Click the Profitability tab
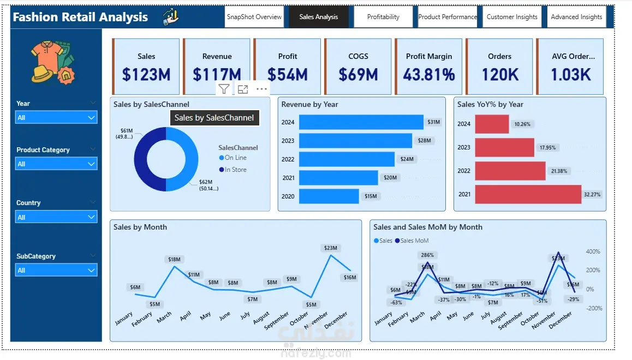(383, 17)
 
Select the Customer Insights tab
(512, 17)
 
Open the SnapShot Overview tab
(254, 17)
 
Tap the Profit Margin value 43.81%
(429, 74)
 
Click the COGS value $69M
(358, 74)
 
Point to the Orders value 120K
(500, 74)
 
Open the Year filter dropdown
(56, 117)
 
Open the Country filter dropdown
(56, 217)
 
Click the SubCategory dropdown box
(56, 270)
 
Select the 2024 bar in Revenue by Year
(361, 122)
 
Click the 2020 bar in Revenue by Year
(329, 196)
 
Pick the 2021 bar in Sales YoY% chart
(528, 194)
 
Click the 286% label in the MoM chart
(427, 255)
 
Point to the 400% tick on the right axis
(593, 251)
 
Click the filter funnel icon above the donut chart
(224, 89)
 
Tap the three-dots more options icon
(261, 89)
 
